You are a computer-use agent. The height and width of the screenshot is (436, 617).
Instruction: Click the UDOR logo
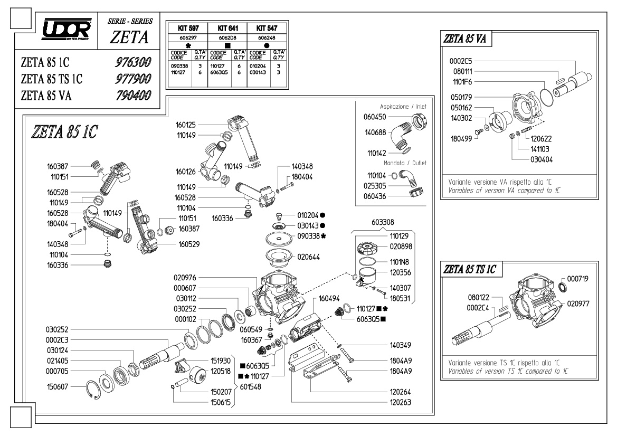click(x=67, y=29)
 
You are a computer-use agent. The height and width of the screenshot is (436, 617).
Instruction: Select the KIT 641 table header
click(x=228, y=29)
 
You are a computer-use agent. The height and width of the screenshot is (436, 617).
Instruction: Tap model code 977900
click(x=133, y=79)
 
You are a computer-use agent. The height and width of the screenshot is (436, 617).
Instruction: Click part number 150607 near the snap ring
click(x=58, y=386)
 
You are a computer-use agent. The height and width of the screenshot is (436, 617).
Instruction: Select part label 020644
click(x=308, y=257)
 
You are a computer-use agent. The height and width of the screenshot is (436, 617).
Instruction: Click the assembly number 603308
click(x=383, y=222)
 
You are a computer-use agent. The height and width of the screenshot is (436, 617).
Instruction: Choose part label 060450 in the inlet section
click(x=375, y=117)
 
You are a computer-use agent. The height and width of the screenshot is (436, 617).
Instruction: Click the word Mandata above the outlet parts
click(x=394, y=163)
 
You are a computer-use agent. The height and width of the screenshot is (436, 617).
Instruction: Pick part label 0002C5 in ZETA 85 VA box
click(x=461, y=61)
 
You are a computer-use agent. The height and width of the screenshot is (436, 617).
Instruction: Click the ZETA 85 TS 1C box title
click(x=470, y=270)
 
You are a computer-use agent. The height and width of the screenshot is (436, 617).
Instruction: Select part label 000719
click(x=577, y=279)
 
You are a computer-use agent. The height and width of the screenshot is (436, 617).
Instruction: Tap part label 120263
click(x=400, y=402)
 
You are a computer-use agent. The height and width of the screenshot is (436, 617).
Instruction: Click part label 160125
click(x=186, y=125)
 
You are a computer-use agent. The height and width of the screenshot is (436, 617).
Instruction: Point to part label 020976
click(x=185, y=278)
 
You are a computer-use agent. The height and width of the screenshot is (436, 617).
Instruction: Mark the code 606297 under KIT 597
click(x=188, y=38)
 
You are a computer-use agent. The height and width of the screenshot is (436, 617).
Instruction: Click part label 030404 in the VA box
click(x=542, y=159)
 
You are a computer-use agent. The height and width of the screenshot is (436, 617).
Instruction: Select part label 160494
click(x=329, y=299)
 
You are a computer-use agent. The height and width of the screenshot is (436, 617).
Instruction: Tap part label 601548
click(x=250, y=387)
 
